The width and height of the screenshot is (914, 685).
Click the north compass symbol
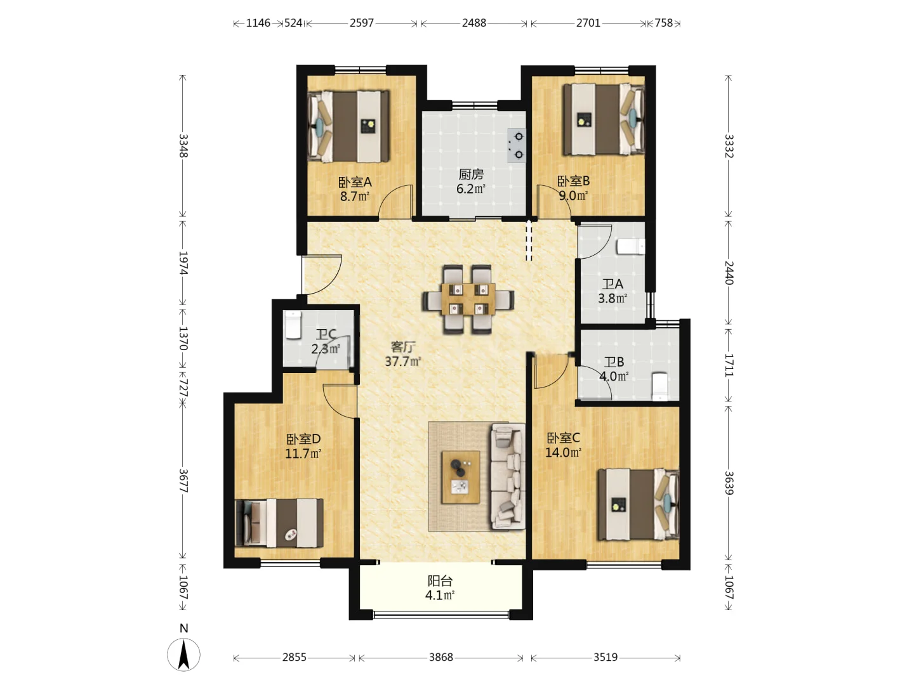183,654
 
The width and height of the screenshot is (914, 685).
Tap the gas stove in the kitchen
516,145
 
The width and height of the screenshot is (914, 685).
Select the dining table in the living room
468,299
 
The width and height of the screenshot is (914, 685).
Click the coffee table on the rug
461,477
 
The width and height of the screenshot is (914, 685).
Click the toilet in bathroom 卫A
630,246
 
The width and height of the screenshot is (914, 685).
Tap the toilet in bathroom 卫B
659,386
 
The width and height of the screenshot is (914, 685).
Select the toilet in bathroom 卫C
293,325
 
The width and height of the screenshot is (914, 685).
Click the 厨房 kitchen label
471,174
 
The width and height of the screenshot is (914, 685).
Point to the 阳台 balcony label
440,580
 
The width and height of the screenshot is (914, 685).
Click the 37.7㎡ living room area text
402,362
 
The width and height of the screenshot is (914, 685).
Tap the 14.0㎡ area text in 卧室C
563,452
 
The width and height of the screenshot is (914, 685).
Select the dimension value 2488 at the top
474,23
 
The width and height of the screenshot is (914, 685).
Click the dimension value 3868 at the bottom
441,657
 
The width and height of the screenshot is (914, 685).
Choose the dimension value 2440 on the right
729,273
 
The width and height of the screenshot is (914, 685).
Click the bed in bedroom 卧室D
279,523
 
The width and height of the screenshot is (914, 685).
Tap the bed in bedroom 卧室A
348,126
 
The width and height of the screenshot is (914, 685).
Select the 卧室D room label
303,439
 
